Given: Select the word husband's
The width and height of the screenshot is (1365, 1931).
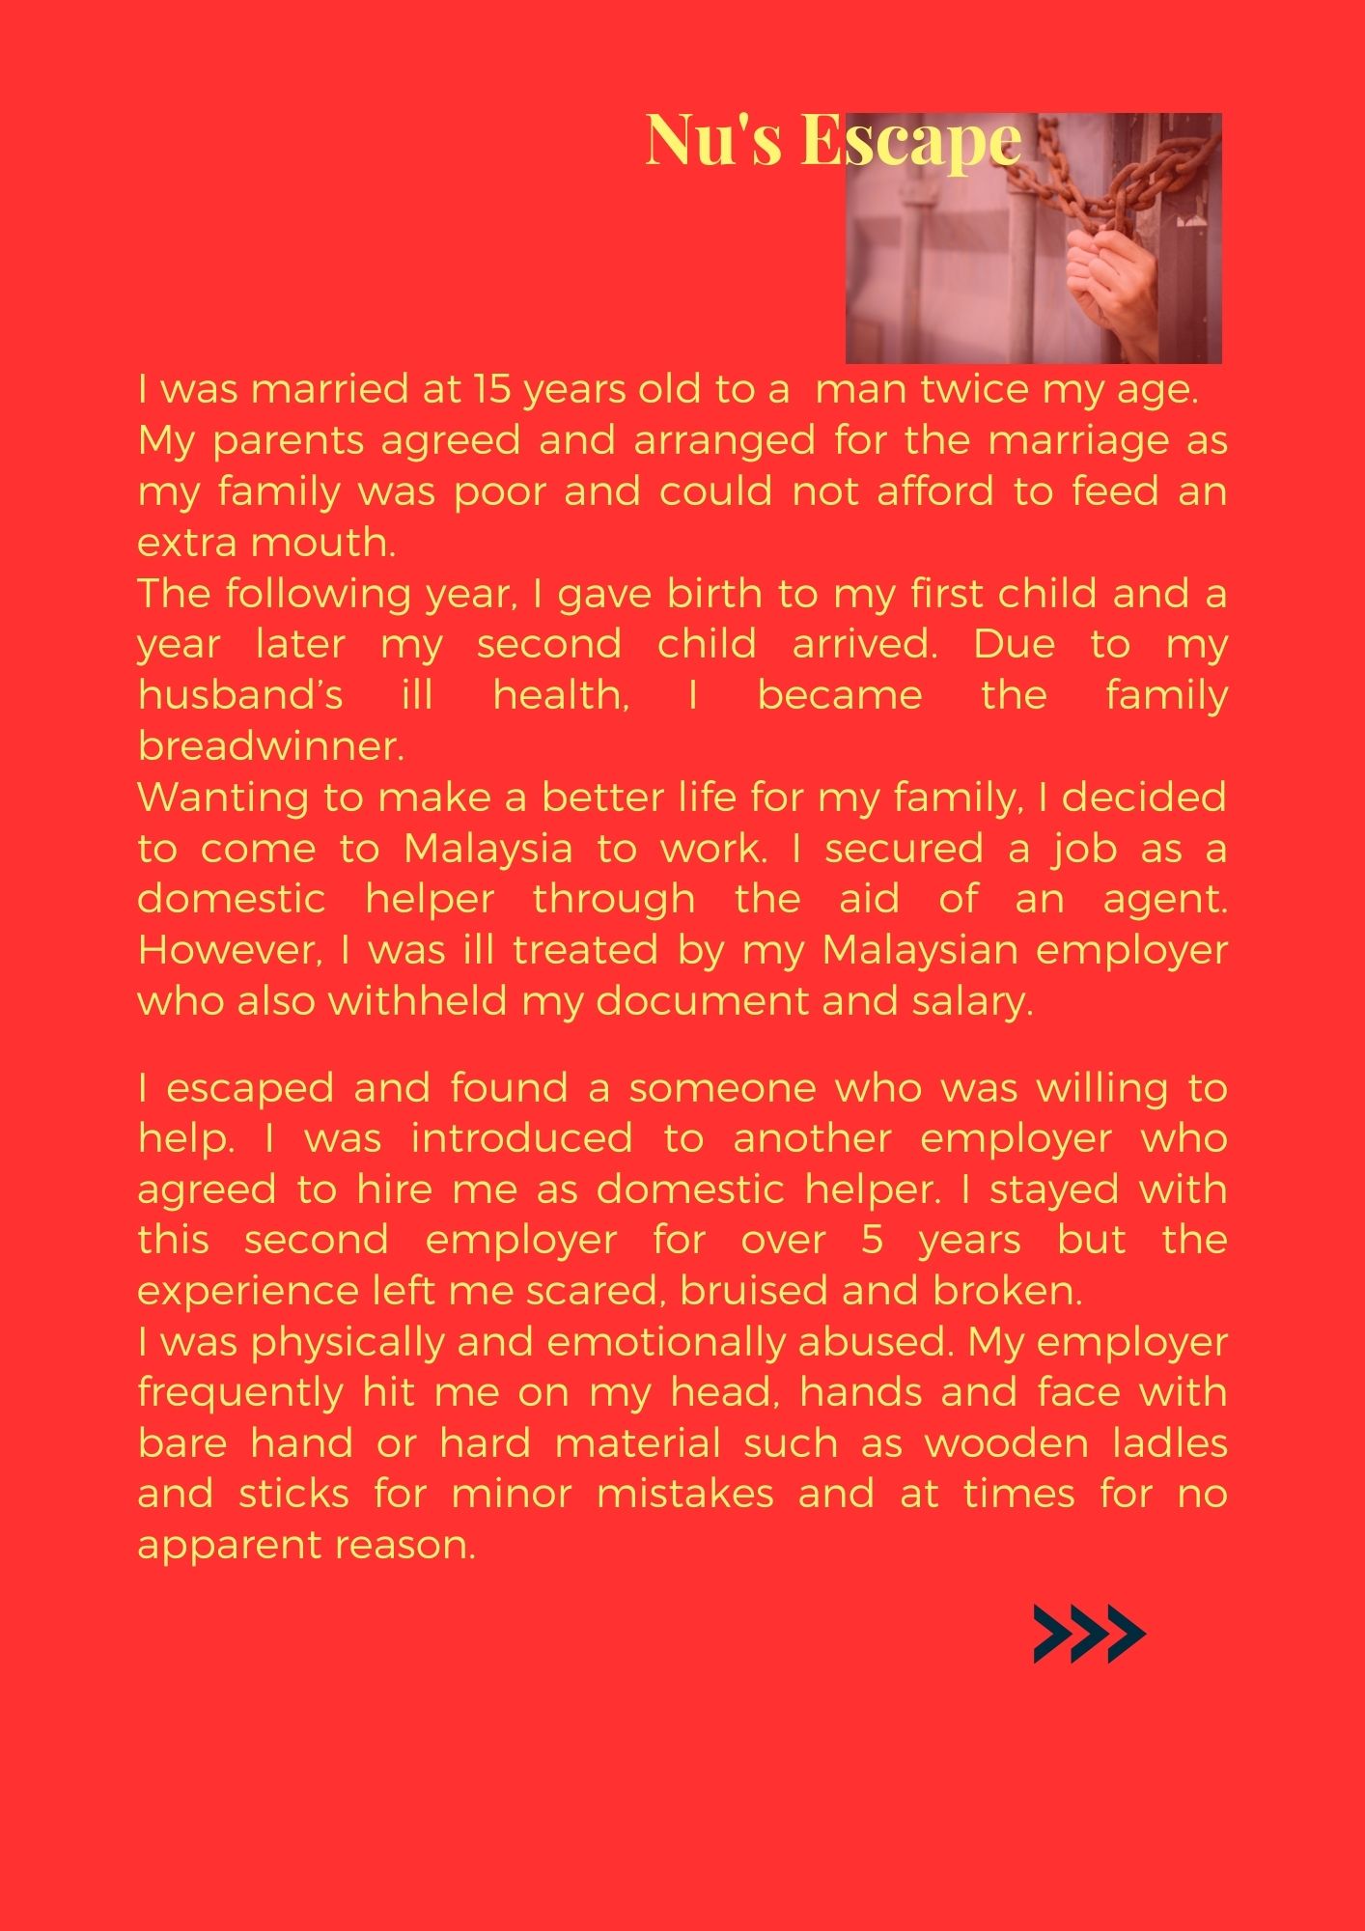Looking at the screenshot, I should [239, 695].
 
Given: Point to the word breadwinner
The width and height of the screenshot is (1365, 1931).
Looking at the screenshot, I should [270, 746].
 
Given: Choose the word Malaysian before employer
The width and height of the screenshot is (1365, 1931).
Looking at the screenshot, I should [920, 950].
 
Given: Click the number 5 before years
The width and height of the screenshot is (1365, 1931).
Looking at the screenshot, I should [872, 1240].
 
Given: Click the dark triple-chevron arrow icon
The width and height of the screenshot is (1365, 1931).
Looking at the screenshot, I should [1089, 1635].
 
